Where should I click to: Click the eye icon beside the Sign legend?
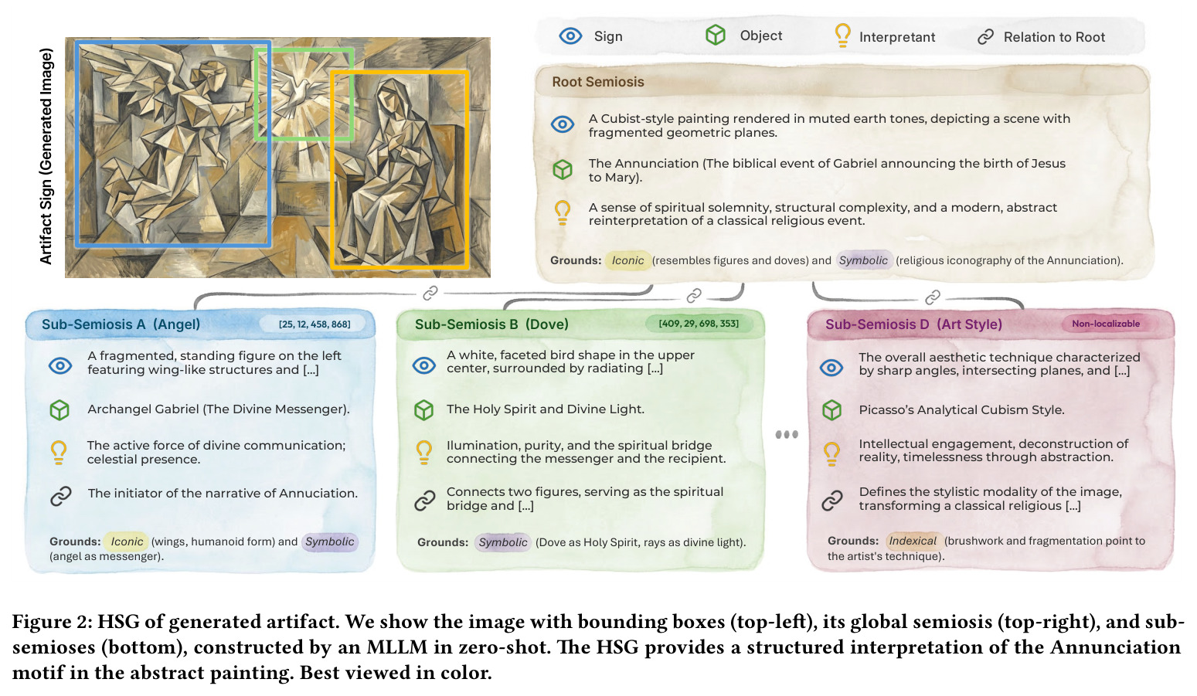(x=570, y=36)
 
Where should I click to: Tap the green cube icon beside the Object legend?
(x=715, y=36)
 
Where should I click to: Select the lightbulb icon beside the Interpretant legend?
(x=842, y=36)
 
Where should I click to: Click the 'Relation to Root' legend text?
(x=1054, y=37)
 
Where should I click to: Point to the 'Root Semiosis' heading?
(x=597, y=82)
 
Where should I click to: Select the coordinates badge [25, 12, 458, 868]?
(x=315, y=324)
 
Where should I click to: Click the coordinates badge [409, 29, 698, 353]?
(x=699, y=324)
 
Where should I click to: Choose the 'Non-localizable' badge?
(x=1105, y=324)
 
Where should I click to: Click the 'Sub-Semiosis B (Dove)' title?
(x=491, y=324)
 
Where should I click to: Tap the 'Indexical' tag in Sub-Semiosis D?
(x=912, y=541)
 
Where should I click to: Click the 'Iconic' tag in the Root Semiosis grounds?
(x=627, y=260)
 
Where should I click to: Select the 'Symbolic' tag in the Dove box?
(x=502, y=542)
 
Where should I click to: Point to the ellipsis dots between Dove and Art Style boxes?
(x=787, y=434)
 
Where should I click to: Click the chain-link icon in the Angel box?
(x=60, y=496)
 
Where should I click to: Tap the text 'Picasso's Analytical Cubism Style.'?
(x=961, y=409)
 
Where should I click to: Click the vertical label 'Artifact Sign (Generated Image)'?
(x=46, y=156)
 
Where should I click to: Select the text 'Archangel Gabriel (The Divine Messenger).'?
(x=219, y=409)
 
